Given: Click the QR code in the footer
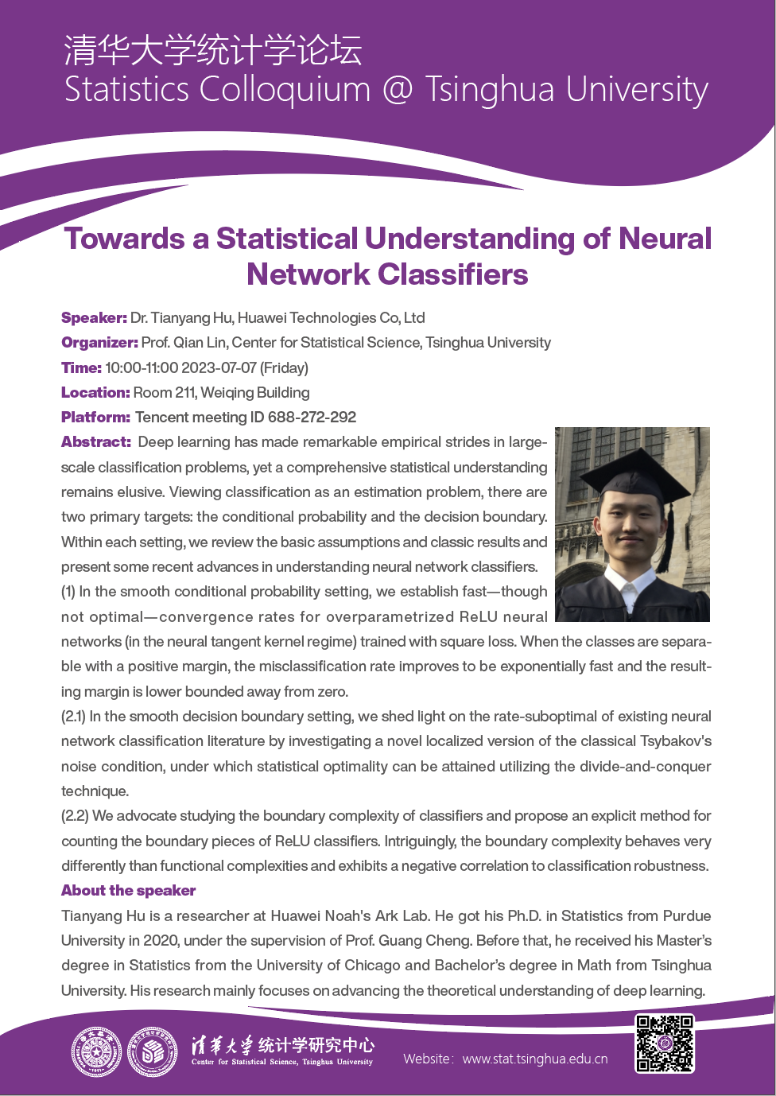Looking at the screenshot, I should (665, 1044).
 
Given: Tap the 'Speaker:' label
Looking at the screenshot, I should (94, 318).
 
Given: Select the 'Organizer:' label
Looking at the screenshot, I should (99, 343).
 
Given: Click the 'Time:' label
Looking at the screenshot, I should (81, 367).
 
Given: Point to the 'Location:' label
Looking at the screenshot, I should (95, 392).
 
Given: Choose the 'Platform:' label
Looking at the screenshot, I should (95, 417).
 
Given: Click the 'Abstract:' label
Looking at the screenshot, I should (96, 442).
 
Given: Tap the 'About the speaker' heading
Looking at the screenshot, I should (128, 891).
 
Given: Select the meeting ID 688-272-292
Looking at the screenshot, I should (312, 417).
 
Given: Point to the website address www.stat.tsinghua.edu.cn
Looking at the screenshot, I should (535, 1059).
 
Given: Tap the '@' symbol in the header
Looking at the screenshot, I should (398, 89).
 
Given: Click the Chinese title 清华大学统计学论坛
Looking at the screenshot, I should (213, 50).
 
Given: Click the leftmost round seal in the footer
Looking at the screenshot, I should (96, 1051).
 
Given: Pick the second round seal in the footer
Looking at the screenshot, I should (153, 1051).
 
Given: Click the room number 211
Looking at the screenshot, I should (186, 392).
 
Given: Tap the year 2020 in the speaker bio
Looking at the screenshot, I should (161, 941).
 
